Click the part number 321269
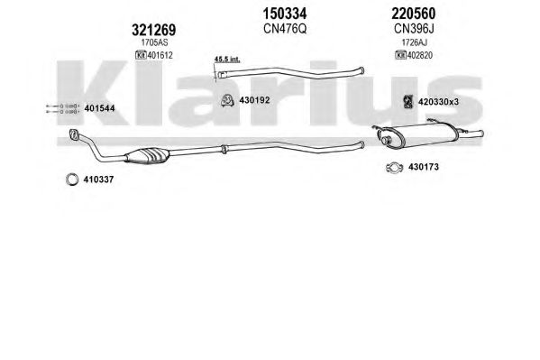(x=153, y=31)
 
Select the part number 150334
(x=285, y=14)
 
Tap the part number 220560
(x=413, y=14)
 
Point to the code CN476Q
(x=285, y=29)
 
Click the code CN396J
(x=414, y=29)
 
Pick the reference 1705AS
(x=154, y=42)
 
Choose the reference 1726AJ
(x=414, y=42)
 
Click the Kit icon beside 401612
(x=141, y=55)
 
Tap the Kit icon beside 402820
(x=401, y=55)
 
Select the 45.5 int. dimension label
(x=227, y=60)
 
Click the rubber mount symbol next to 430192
(x=227, y=100)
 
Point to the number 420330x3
(x=438, y=102)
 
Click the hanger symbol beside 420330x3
(x=407, y=101)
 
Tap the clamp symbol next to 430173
(x=394, y=168)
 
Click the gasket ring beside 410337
(x=72, y=180)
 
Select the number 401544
(x=99, y=108)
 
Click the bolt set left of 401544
(x=63, y=108)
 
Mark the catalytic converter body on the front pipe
(x=148, y=155)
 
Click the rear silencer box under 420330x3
(x=418, y=135)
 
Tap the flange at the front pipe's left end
(x=74, y=134)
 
